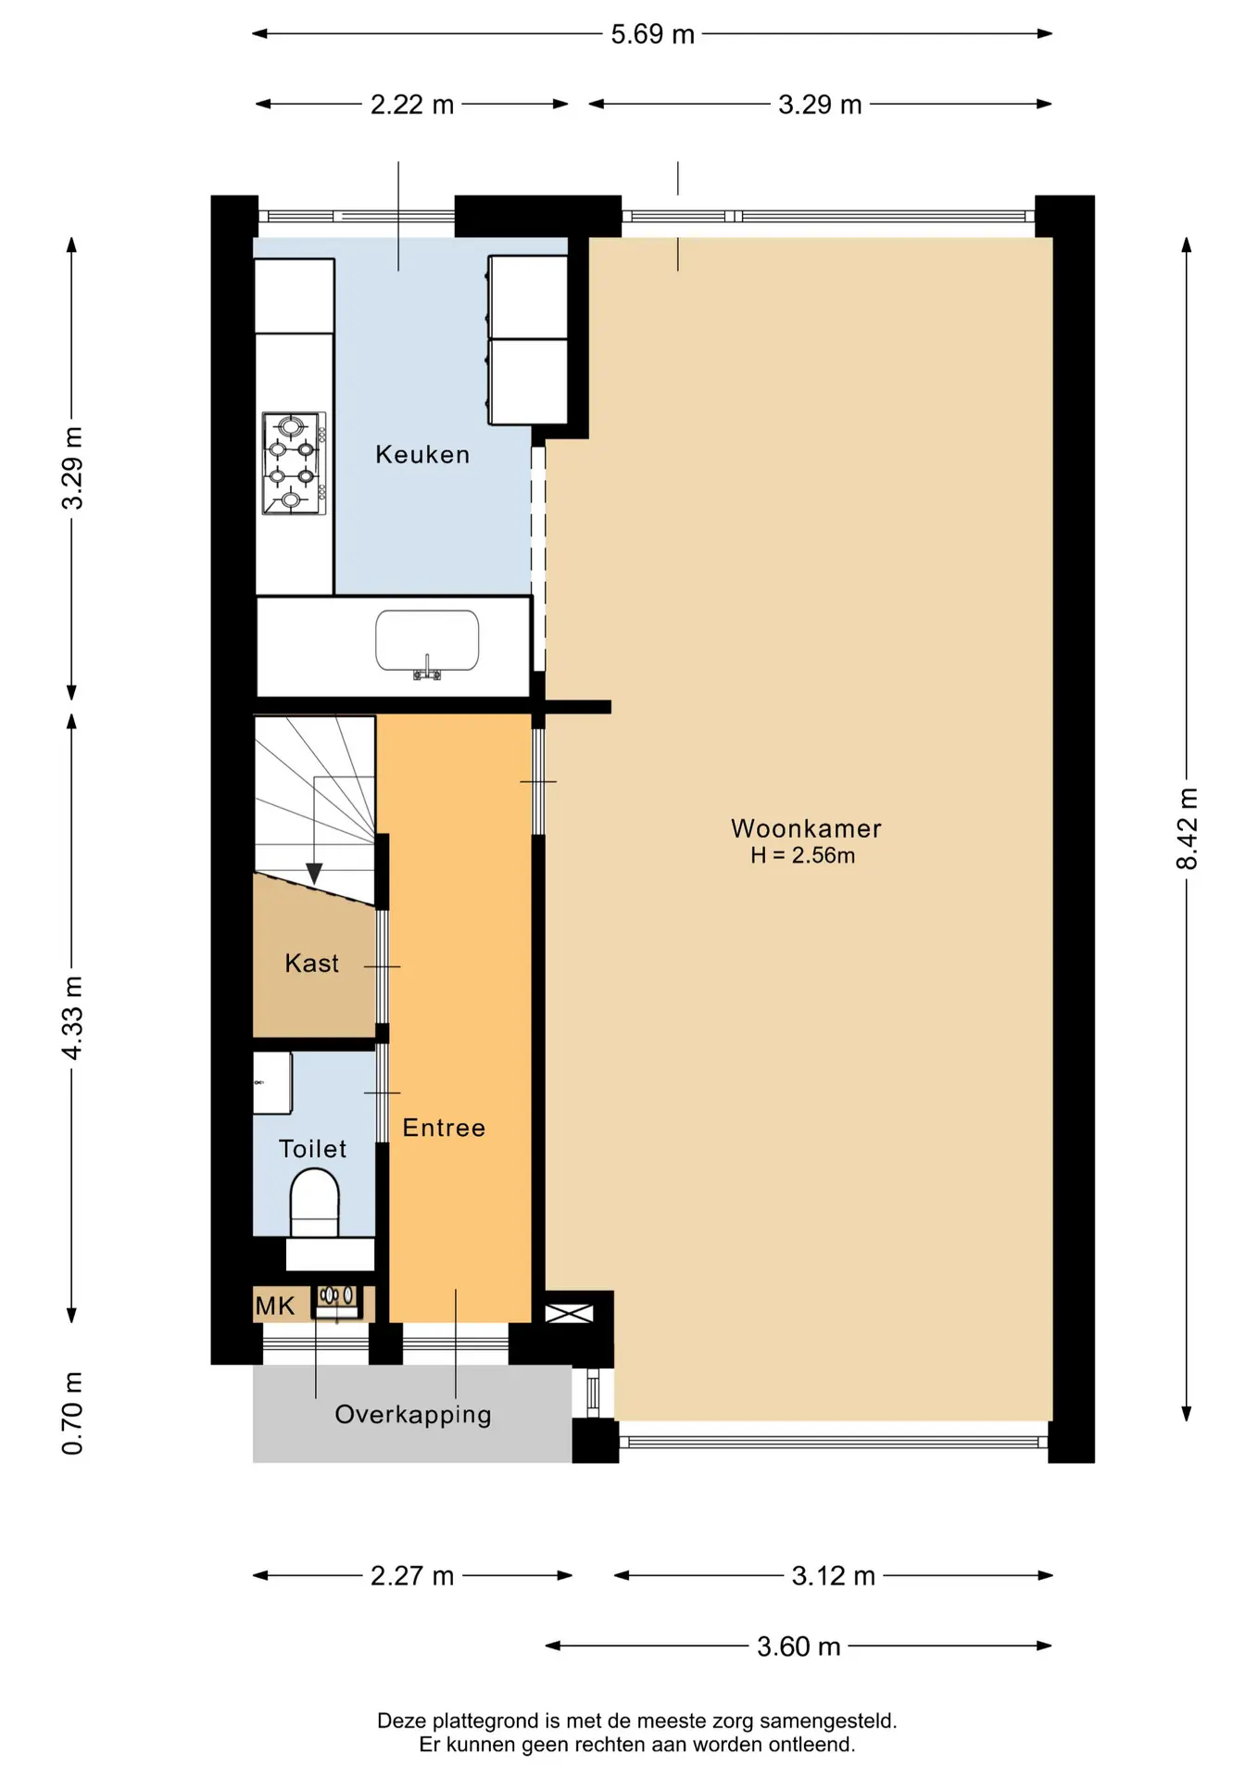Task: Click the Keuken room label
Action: tap(422, 455)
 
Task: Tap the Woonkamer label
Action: tap(806, 828)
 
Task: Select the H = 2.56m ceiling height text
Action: tap(802, 855)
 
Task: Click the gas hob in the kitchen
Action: tap(295, 463)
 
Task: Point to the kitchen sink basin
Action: tap(427, 640)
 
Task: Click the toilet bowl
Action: tap(314, 1202)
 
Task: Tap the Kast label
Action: tap(311, 964)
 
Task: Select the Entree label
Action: tap(444, 1128)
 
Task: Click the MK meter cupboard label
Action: tap(275, 1306)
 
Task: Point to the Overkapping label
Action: tap(413, 1415)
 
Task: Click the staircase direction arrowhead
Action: tap(314, 874)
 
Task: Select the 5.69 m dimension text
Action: tap(652, 34)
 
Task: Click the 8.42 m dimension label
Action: tap(1187, 828)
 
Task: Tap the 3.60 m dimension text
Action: tap(799, 1647)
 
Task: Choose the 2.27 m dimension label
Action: tap(412, 1576)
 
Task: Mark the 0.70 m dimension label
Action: tap(72, 1413)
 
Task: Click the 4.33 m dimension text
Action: tap(72, 1017)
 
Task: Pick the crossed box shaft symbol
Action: tap(569, 1313)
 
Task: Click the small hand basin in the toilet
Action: tap(272, 1082)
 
